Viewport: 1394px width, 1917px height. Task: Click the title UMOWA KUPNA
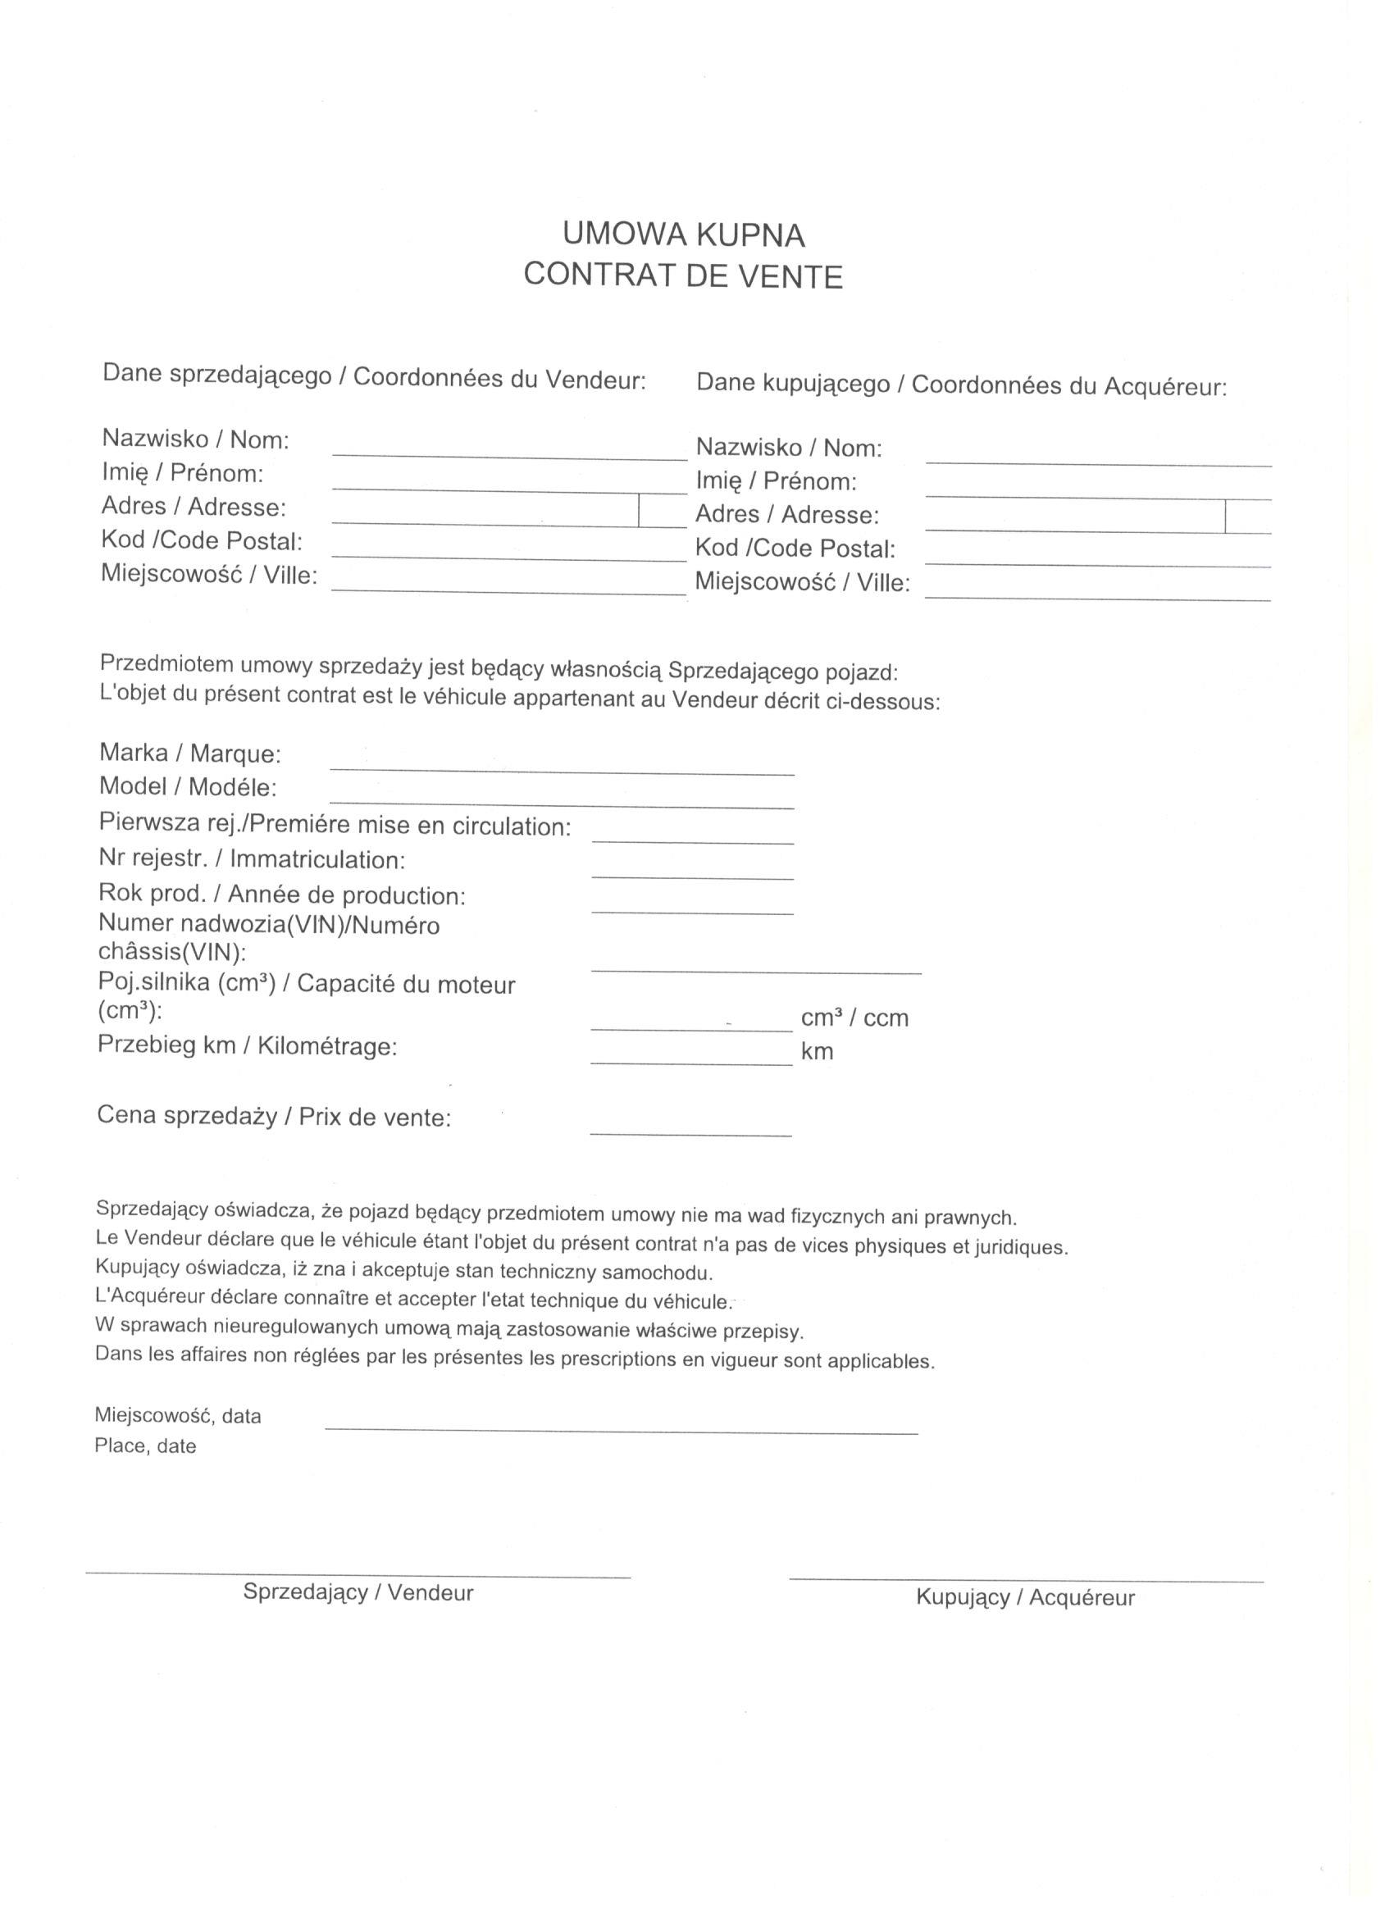pyautogui.click(x=683, y=235)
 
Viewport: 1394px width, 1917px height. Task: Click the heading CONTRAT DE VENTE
pyautogui.click(x=683, y=275)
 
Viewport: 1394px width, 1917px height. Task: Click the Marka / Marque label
pyautogui.click(x=190, y=752)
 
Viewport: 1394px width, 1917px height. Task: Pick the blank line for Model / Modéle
pyautogui.click(x=562, y=804)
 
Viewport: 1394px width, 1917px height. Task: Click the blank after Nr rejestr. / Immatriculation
pyautogui.click(x=692, y=876)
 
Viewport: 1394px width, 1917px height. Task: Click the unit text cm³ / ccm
pyautogui.click(x=854, y=1018)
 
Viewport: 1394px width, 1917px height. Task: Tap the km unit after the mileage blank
pyautogui.click(x=817, y=1051)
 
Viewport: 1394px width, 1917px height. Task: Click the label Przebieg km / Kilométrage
pyautogui.click(x=247, y=1045)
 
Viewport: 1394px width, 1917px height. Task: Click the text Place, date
pyautogui.click(x=145, y=1446)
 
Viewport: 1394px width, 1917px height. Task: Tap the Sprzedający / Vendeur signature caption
pyautogui.click(x=358, y=1591)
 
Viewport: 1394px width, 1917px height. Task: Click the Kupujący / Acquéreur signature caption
pyautogui.click(x=1024, y=1597)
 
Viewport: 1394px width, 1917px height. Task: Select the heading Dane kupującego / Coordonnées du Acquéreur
pyautogui.click(x=960, y=385)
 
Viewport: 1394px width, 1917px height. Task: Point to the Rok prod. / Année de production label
pyautogui.click(x=281, y=894)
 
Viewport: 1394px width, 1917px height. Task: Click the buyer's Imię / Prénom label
pyautogui.click(x=775, y=481)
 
